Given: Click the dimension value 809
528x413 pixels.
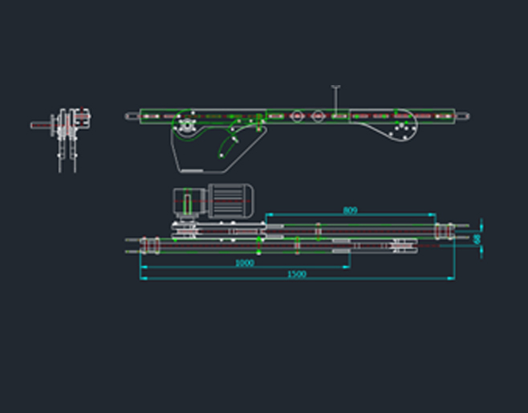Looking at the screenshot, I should [350, 211].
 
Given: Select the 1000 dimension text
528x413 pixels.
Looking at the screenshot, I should [244, 263].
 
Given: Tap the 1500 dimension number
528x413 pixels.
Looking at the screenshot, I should [297, 275].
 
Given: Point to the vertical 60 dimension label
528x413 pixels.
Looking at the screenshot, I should [477, 239].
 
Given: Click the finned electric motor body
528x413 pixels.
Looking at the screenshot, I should [233, 201].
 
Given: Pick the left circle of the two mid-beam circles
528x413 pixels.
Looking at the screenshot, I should [298, 117].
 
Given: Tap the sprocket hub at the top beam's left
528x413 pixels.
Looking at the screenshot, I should [186, 125].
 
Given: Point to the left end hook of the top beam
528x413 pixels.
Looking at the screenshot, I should [132, 117].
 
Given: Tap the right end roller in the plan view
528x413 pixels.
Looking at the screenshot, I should [441, 232].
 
